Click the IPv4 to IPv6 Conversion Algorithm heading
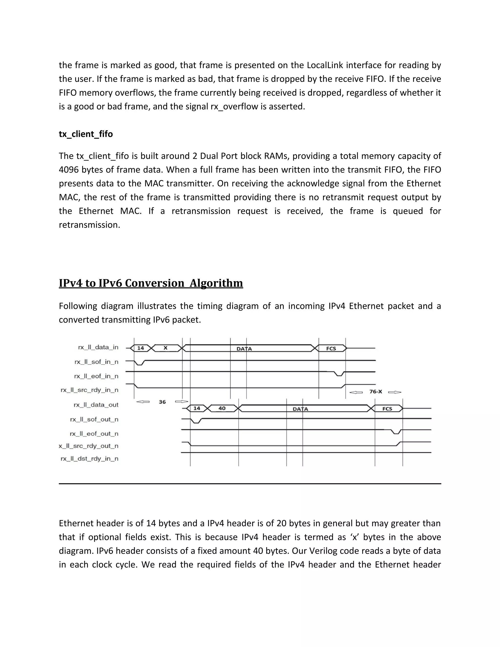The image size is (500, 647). (x=151, y=283)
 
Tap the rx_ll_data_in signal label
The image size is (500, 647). (x=98, y=347)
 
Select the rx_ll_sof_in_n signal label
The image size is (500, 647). (x=96, y=362)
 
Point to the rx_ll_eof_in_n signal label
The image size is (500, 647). (x=96, y=376)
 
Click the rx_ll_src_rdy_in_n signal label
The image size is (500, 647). (x=89, y=390)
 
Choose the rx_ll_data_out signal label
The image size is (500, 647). (x=96, y=405)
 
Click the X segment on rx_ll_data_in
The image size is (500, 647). (x=166, y=348)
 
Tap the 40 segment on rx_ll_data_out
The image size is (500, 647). (x=222, y=408)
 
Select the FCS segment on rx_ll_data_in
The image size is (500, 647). (x=331, y=348)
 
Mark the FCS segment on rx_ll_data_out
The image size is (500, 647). (x=387, y=409)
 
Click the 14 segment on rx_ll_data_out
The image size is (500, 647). (x=197, y=408)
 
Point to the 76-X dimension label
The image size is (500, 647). (x=375, y=392)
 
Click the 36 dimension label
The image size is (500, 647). (x=162, y=402)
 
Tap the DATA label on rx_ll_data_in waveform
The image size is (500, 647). (x=244, y=349)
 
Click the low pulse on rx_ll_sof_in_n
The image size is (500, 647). (x=140, y=364)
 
